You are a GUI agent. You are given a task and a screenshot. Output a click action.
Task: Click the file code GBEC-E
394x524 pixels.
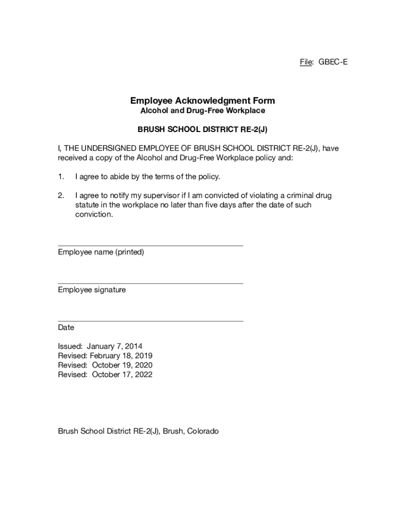point(333,62)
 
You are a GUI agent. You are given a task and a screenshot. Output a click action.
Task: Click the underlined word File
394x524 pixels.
point(306,62)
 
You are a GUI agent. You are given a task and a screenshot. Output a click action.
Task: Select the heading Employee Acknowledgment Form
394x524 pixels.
point(202,101)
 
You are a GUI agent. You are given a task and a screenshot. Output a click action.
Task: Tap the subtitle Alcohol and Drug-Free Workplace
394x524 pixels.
point(203,111)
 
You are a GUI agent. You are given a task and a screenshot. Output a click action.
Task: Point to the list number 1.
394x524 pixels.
point(61,177)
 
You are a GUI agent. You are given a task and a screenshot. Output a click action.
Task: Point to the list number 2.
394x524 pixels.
point(61,195)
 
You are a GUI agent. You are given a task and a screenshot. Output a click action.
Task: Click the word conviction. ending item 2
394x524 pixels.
point(93,214)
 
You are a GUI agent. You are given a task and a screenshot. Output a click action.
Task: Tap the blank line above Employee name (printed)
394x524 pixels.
point(150,246)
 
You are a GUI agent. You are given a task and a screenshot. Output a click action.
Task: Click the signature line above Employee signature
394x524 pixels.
point(150,283)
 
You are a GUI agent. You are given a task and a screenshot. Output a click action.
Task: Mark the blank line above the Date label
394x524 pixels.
point(150,321)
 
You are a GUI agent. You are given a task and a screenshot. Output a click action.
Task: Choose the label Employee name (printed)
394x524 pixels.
point(101,252)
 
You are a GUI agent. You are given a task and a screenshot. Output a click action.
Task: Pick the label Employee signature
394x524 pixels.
point(92,290)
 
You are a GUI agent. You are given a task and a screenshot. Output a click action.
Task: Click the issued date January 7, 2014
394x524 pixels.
point(115,346)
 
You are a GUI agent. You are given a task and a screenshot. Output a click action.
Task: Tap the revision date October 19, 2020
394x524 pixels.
point(122,365)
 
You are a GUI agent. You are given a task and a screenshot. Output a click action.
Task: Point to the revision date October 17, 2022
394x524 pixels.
point(122,375)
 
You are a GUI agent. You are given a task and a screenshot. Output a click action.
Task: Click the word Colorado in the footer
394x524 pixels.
point(203,431)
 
